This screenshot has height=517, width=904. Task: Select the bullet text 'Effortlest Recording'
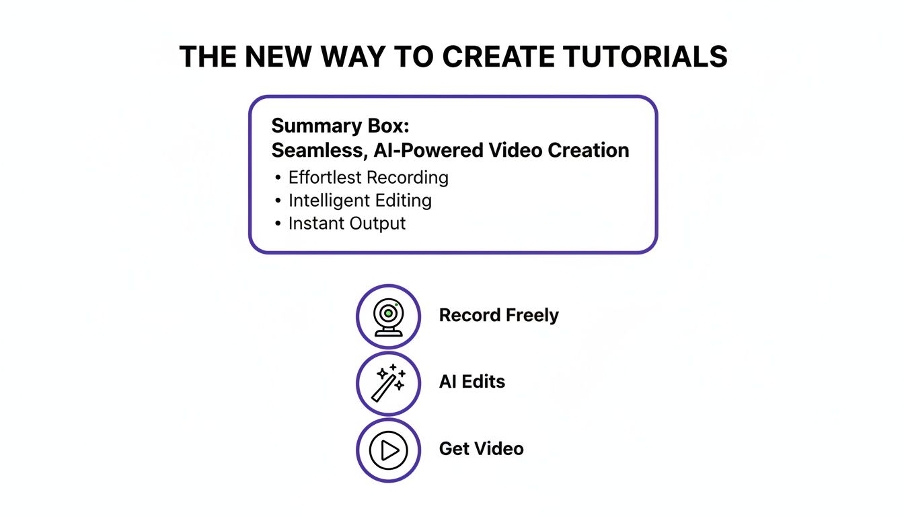point(368,178)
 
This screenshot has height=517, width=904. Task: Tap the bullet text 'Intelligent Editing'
point(360,201)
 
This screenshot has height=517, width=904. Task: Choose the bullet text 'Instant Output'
point(347,223)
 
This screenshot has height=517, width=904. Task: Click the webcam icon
point(388,316)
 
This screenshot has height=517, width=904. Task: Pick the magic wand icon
point(388,382)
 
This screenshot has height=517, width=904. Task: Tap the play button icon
point(388,450)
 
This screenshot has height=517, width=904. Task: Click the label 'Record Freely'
point(498,315)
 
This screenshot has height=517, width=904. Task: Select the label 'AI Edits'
point(472,382)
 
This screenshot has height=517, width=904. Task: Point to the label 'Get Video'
point(481,448)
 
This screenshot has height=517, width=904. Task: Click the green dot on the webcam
point(396,306)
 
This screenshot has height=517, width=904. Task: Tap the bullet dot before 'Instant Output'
point(278,223)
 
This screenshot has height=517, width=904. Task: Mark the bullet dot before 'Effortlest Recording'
point(278,178)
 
